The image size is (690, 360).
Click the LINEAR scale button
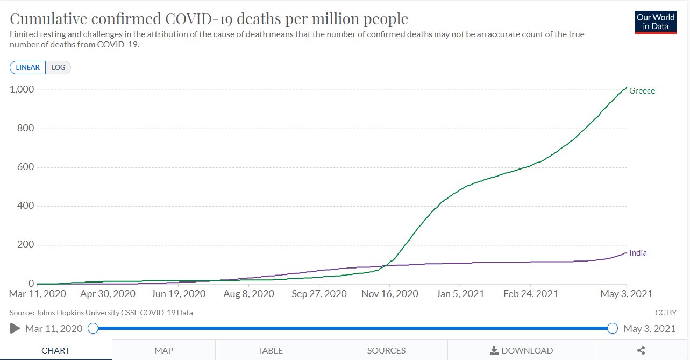tap(28, 67)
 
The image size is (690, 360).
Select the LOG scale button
tap(58, 67)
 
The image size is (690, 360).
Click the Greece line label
tap(642, 91)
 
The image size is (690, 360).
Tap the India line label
tap(638, 253)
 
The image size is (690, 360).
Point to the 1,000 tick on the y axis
tap(22, 89)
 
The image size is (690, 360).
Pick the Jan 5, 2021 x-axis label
tap(460, 294)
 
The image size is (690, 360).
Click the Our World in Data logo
tap(656, 22)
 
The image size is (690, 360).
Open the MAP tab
tap(163, 350)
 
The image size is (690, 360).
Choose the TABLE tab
tap(270, 350)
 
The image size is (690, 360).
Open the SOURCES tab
tap(386, 350)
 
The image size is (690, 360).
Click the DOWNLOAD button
tap(521, 350)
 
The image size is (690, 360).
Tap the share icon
tap(641, 350)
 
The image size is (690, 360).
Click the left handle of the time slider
tap(93, 328)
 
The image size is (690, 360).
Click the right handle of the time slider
tap(612, 328)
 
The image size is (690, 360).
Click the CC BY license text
tap(665, 313)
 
